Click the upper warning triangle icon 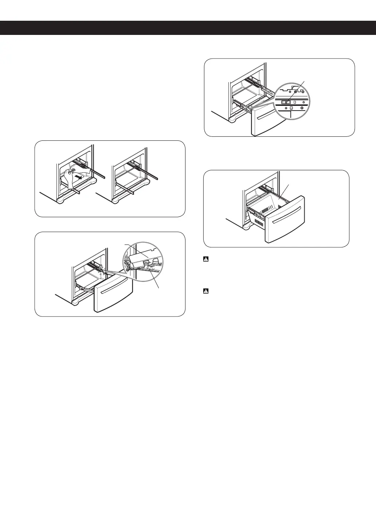point(205,260)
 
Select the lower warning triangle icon point(205,291)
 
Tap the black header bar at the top point(188,28)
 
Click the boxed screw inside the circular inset point(286,103)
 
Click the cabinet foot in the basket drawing point(246,227)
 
